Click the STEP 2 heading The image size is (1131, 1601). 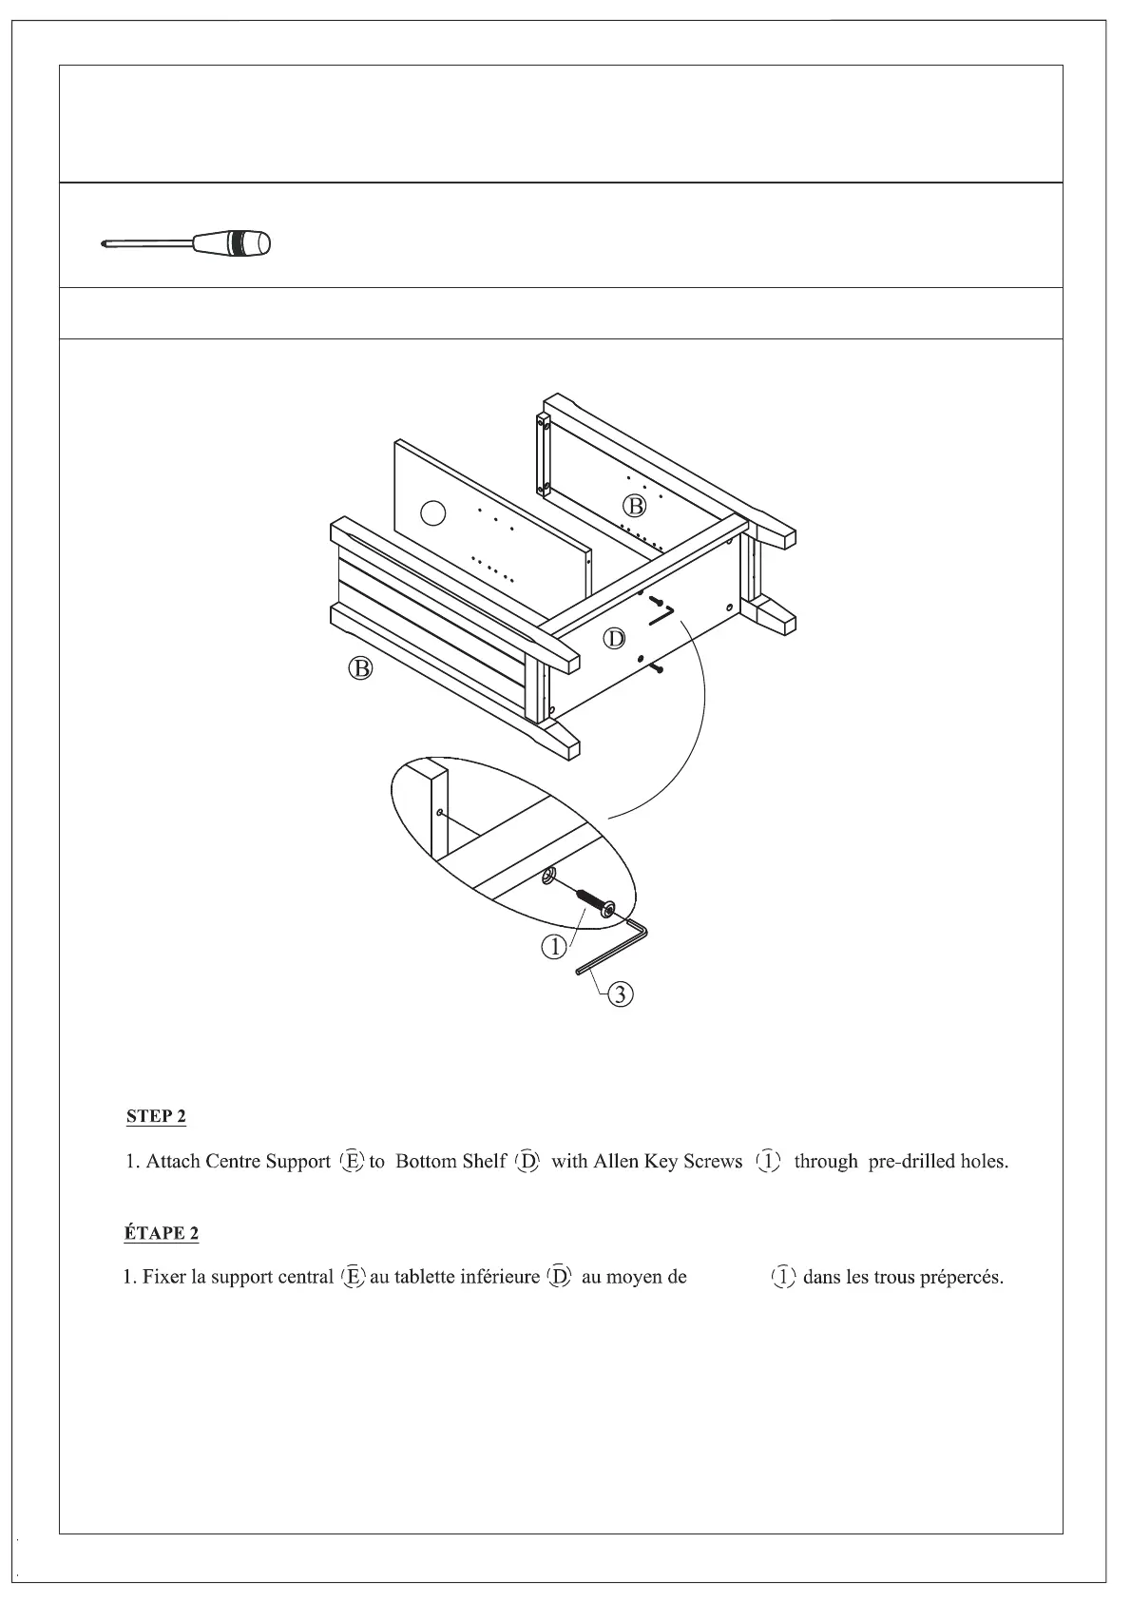(156, 1116)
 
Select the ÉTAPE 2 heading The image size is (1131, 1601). (161, 1233)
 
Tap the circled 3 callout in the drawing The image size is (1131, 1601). (620, 994)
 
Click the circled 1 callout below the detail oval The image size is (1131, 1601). (554, 946)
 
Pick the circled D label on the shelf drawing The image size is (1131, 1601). (616, 639)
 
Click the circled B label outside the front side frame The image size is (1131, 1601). (360, 669)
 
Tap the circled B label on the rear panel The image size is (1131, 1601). (633, 505)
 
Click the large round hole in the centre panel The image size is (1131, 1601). (432, 513)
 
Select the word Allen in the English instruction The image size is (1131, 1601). (615, 1162)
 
